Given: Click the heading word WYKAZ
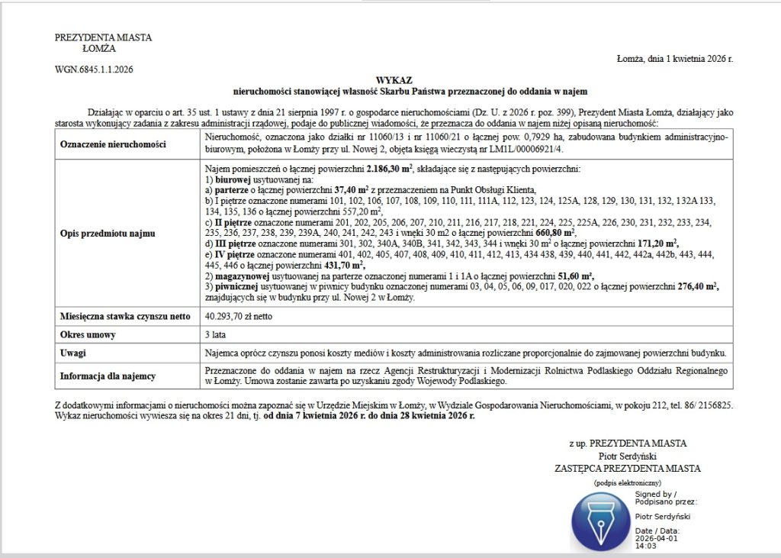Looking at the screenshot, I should click(394, 80).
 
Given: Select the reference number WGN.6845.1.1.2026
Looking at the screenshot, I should click(94, 69).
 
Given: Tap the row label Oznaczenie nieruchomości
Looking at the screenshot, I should click(113, 144).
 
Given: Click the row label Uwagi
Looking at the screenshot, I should click(73, 353).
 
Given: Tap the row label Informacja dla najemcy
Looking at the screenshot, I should click(108, 376).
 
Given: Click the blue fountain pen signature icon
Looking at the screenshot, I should click(600, 522).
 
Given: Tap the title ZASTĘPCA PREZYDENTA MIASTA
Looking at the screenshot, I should click(627, 469).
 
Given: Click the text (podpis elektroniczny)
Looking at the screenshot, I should click(627, 483).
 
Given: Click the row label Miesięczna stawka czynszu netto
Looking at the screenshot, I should click(125, 315).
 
